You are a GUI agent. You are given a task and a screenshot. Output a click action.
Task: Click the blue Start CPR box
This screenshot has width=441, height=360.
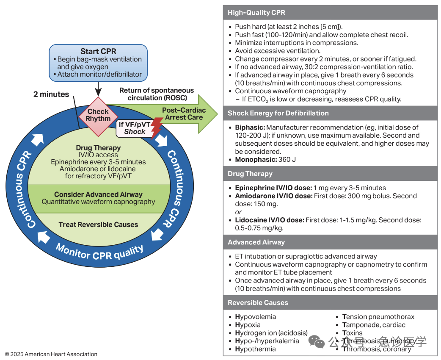pyautogui.click(x=98, y=63)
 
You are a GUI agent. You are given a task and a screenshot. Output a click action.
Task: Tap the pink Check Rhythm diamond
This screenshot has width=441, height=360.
pyautogui.click(x=98, y=116)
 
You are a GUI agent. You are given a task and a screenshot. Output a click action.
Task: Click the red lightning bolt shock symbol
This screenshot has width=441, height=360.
pyautogui.click(x=157, y=128)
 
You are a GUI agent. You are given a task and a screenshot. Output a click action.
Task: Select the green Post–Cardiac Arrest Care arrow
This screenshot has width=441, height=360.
pyautogui.click(x=180, y=114)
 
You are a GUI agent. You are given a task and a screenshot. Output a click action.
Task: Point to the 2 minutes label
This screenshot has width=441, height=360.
pyautogui.click(x=51, y=94)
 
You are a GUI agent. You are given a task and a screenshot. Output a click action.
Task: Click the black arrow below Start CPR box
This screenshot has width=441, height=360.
pyautogui.click(x=98, y=89)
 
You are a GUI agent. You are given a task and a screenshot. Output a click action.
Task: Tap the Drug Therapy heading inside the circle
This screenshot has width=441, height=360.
pyautogui.click(x=98, y=148)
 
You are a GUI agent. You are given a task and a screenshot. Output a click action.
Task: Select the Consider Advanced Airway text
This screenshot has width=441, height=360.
pyautogui.click(x=98, y=194)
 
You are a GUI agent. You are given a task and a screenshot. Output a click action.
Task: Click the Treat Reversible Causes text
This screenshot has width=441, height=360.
pyautogui.click(x=98, y=224)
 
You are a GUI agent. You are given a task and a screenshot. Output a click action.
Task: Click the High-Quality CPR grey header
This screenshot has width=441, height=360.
pyautogui.click(x=330, y=13)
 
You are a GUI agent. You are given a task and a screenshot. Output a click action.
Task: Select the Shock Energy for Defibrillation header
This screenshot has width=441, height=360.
pyautogui.click(x=330, y=113)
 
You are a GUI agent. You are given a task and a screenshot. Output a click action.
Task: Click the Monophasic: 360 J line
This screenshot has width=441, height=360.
pyautogui.click(x=265, y=160)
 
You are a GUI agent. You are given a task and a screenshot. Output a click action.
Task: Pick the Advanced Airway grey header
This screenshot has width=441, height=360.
pyautogui.click(x=330, y=242)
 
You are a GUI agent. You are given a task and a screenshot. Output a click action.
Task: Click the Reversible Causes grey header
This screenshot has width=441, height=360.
pyautogui.click(x=330, y=302)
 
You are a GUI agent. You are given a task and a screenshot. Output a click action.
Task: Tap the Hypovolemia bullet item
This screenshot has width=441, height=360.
pyautogui.click(x=255, y=317)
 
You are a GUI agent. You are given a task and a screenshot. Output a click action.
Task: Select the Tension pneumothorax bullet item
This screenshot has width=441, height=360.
pyautogui.click(x=378, y=317)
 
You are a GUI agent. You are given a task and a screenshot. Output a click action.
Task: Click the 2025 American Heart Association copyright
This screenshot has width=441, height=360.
pyautogui.click(x=51, y=354)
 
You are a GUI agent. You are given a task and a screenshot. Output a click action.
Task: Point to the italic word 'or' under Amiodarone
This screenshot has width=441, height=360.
pyautogui.click(x=238, y=212)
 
